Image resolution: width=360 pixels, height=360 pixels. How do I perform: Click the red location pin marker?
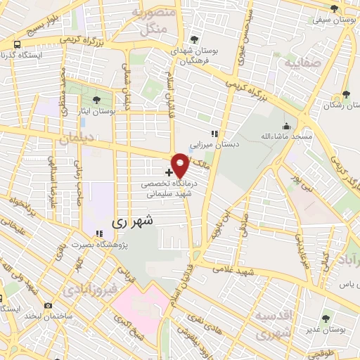tap(180, 165)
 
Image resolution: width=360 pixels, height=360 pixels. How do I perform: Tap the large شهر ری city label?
tap(131, 221)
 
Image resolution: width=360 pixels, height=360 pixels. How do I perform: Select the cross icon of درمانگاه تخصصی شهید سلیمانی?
tap(169, 172)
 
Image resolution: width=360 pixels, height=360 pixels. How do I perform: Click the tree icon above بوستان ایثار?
tap(96, 99)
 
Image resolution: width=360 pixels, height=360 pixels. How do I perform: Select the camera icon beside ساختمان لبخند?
tap(48, 306)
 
